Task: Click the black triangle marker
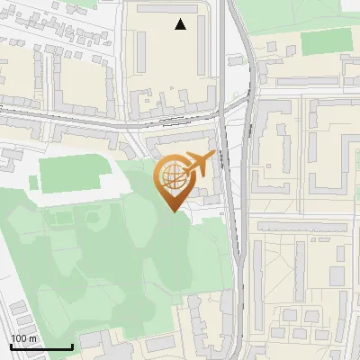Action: tap(181, 24)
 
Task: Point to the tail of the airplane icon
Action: tap(184, 172)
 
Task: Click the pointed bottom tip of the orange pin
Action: tap(172, 211)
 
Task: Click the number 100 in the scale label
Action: tap(20, 338)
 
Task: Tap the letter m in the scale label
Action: tap(34, 338)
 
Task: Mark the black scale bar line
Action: tap(41, 347)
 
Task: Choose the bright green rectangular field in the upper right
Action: tap(326, 41)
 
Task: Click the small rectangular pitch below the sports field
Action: tap(61, 219)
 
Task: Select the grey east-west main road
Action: tap(108, 120)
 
